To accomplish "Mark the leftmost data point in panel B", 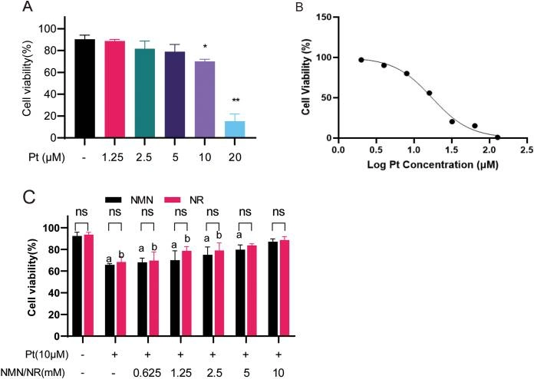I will pyautogui.click(x=361, y=60).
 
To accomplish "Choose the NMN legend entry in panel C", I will pyautogui.click(x=130, y=198).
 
